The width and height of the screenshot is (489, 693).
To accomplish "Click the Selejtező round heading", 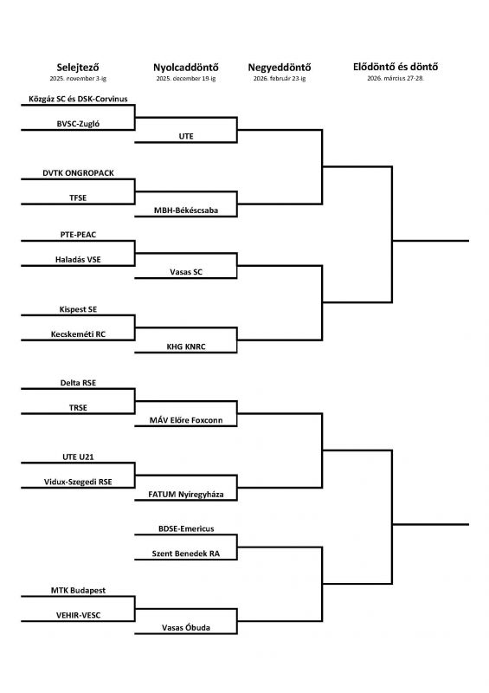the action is point(78,68).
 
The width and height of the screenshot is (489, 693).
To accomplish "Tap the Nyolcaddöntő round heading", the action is point(186,68).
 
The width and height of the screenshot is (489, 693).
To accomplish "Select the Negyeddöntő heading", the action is point(280,68).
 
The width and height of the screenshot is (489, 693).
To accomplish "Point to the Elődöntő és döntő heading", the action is point(396,67).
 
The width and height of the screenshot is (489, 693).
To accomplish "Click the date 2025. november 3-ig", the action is point(78,79).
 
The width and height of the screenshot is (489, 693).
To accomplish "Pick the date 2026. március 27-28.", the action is point(396,79).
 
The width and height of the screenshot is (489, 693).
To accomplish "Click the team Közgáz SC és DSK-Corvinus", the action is point(78,99).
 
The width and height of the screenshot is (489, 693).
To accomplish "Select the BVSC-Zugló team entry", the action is point(78,124).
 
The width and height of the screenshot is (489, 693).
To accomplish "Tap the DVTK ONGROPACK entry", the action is point(78,173).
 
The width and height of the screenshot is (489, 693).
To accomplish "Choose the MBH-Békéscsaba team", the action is point(186,210).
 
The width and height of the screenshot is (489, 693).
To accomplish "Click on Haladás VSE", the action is point(78,260).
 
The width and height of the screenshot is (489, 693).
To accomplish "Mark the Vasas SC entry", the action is point(186,272).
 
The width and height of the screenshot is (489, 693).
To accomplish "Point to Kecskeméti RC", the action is point(78,334).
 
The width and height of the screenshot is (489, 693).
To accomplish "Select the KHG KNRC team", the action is point(186,347).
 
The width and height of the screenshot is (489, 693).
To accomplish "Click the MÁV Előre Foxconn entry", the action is point(186,420).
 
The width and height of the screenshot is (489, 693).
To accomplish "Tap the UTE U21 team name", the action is point(78,457).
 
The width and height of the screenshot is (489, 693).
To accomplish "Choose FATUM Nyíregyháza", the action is point(186,495).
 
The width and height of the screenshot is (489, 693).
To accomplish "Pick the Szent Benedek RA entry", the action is point(186,554).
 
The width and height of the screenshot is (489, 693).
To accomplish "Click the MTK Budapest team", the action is point(78,591).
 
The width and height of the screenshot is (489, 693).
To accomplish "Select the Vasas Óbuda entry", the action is point(186,627).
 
